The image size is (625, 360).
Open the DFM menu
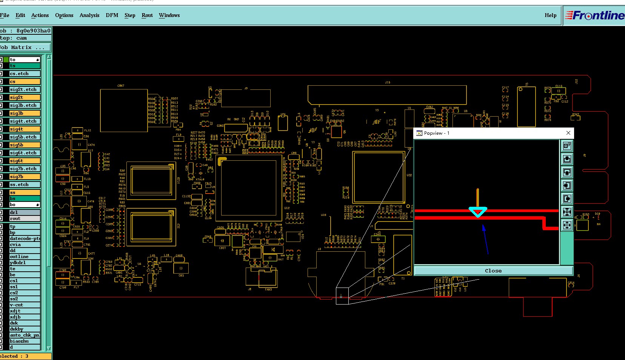(x=112, y=15)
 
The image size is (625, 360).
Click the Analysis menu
(x=89, y=15)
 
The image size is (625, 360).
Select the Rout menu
(x=147, y=15)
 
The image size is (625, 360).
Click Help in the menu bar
(x=550, y=15)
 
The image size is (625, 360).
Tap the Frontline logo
(x=594, y=15)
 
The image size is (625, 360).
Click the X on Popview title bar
(x=568, y=133)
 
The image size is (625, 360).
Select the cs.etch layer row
(x=25, y=74)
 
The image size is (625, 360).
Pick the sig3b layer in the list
(x=25, y=113)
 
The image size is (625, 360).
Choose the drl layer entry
(x=25, y=212)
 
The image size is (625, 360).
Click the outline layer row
(x=25, y=257)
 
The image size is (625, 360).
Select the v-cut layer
(x=25, y=305)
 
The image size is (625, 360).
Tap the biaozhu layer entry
(x=25, y=341)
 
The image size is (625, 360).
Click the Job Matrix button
(x=25, y=48)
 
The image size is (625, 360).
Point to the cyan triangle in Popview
(x=478, y=211)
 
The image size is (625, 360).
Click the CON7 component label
(x=121, y=86)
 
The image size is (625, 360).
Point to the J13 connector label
(x=388, y=82)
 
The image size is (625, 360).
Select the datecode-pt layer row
(x=25, y=238)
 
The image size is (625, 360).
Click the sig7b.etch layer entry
(x=25, y=169)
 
